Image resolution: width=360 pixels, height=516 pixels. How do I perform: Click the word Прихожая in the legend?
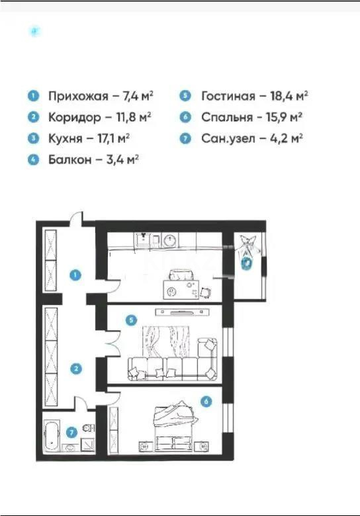pyautogui.click(x=77, y=97)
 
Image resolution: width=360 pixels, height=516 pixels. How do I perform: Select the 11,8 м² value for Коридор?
pyautogui.click(x=129, y=118)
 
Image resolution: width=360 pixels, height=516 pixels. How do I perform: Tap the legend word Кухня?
pyautogui.click(x=65, y=139)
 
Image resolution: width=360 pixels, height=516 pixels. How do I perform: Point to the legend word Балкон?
pyautogui.click(x=69, y=160)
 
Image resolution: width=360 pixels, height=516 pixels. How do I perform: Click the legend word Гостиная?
pyautogui.click(x=228, y=97)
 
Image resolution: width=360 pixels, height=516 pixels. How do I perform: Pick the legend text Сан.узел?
pyautogui.click(x=228, y=139)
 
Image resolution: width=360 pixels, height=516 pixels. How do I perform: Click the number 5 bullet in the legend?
pyautogui.click(x=185, y=97)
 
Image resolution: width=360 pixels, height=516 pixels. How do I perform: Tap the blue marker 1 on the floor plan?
pyautogui.click(x=76, y=275)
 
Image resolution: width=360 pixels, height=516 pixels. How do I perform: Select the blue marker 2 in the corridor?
pyautogui.click(x=76, y=368)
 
